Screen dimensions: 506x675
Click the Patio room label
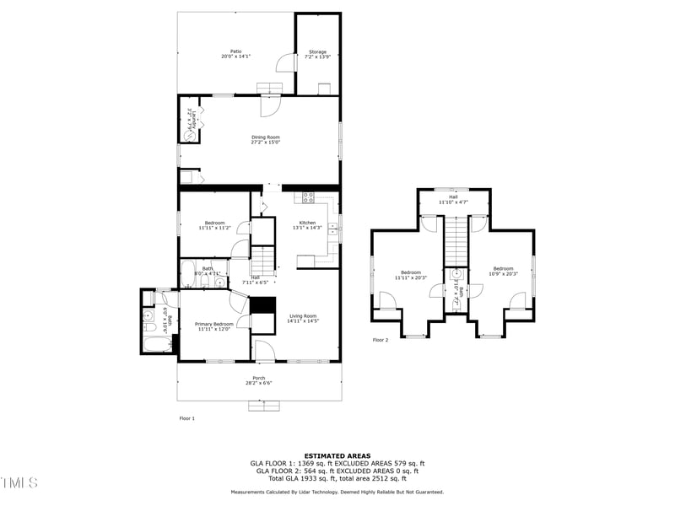tap(236, 54)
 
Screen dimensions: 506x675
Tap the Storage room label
tap(317, 55)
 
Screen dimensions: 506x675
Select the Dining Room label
tap(265, 140)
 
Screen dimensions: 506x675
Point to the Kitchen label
tap(307, 224)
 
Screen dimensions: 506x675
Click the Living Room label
tap(302, 318)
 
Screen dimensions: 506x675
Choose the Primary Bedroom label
tap(214, 326)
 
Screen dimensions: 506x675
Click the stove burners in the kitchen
tap(308, 198)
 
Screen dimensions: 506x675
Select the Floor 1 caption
tap(186, 418)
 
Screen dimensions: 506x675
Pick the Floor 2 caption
tap(381, 341)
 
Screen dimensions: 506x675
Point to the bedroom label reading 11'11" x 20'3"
tap(411, 275)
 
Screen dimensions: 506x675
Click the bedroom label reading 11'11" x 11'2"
tap(214, 225)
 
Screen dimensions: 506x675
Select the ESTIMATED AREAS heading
tap(337, 455)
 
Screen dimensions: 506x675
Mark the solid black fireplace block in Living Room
tap(265, 305)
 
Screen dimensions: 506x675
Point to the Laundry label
tap(194, 121)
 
